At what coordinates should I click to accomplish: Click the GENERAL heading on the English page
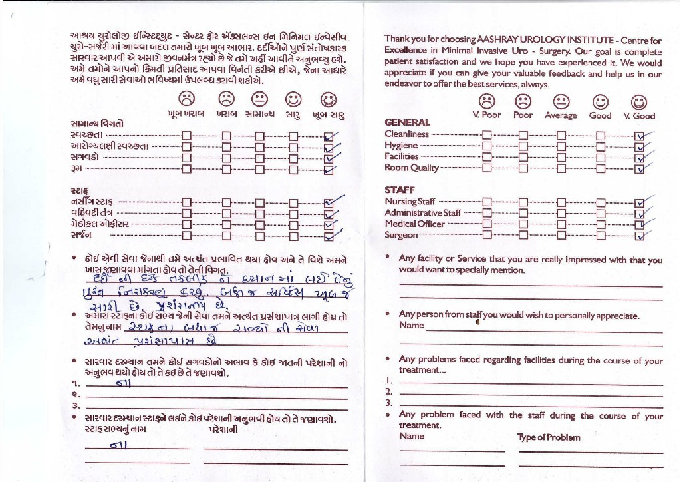407,122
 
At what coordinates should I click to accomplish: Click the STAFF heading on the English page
400,190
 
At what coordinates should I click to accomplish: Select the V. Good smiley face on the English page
639,101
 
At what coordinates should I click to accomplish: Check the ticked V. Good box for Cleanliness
640,134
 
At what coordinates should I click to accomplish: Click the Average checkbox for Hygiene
561,145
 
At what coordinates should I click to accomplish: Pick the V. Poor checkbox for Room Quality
487,168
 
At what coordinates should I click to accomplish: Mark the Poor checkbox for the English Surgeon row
523,234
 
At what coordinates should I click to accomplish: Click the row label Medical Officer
414,224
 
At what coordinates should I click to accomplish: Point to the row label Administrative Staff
422,213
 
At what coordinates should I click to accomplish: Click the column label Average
561,115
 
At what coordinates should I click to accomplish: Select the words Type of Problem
549,437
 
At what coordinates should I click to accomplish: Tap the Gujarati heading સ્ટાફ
79,190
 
